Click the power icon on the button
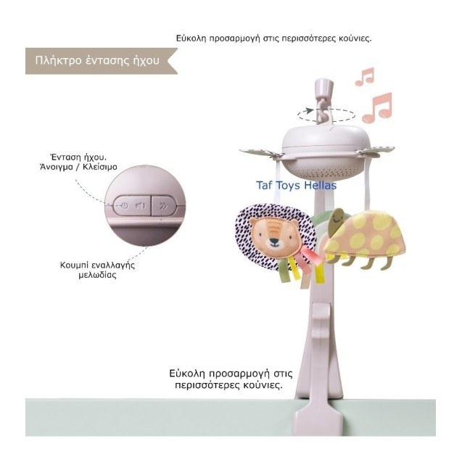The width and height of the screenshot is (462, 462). pyautogui.click(x=124, y=205)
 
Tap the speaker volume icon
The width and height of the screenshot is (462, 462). pyautogui.click(x=141, y=205)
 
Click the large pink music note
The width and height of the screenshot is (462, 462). pyautogui.click(x=377, y=107)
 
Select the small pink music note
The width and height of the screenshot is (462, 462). pyautogui.click(x=365, y=77)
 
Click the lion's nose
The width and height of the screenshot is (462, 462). pyautogui.click(x=273, y=242)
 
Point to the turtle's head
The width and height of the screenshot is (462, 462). pyautogui.click(x=337, y=218)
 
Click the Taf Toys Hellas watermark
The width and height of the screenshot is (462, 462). pyautogui.click(x=296, y=186)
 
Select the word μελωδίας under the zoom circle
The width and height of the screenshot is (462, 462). pyautogui.click(x=97, y=275)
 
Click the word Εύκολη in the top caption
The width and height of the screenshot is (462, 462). pyautogui.click(x=191, y=38)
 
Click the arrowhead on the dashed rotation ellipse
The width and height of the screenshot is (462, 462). pyautogui.click(x=309, y=111)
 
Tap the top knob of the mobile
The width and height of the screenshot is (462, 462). pyautogui.click(x=323, y=86)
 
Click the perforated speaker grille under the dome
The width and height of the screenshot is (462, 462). pyautogui.click(x=323, y=172)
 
